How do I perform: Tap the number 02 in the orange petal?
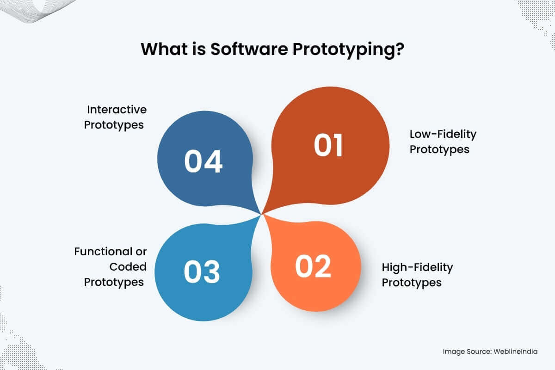313,266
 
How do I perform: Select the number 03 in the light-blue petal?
202,271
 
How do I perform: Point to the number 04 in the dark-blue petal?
203,161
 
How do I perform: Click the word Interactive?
117,110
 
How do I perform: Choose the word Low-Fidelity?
443,134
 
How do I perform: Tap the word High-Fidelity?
418,268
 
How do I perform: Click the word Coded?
128,267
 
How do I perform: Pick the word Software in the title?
249,49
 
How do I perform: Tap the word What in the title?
164,49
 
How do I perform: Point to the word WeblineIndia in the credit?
516,351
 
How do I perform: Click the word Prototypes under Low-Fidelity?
439,150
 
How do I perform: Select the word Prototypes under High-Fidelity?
412,283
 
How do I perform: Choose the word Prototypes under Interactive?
114,125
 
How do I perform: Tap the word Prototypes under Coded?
114,283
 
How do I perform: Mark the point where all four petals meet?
262,214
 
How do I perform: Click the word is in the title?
199,49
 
